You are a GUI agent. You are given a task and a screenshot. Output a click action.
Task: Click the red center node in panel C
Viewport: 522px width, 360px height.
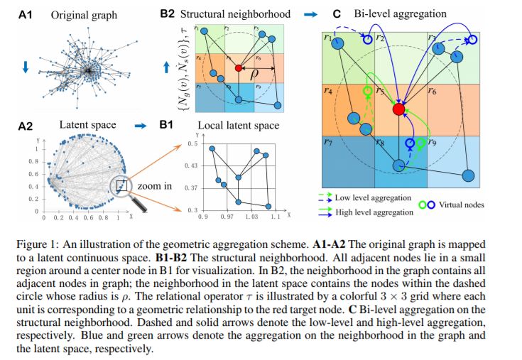[398, 109]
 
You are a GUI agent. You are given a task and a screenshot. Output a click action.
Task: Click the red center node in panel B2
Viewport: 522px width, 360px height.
[238, 68]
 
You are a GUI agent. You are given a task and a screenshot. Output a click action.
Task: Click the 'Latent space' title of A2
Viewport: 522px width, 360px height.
[88, 125]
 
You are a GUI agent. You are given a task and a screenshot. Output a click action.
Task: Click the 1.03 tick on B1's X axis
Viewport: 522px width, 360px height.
[252, 214]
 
